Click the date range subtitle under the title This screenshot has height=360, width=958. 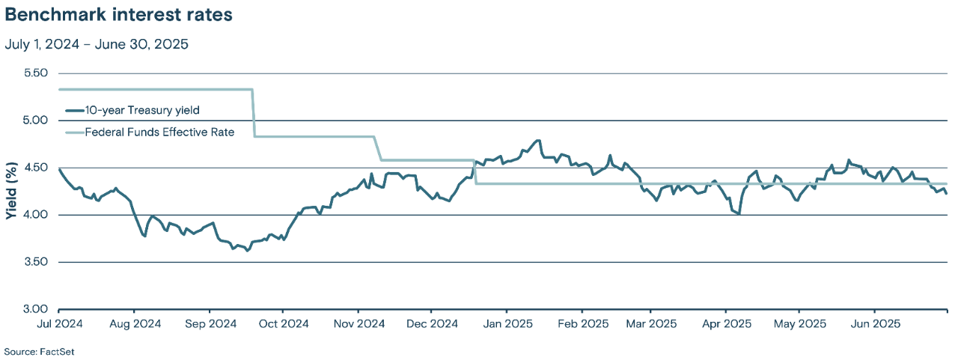(x=97, y=44)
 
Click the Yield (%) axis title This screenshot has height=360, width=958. (x=11, y=192)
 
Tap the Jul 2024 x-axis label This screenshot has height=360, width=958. (x=58, y=323)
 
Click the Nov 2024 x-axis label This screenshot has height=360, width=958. (x=358, y=323)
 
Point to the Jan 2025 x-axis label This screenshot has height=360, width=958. (x=507, y=323)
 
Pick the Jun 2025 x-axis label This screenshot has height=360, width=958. (x=874, y=323)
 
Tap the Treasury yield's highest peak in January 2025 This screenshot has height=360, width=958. (x=537, y=140)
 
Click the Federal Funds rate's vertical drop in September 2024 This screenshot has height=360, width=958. (x=254, y=113)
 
